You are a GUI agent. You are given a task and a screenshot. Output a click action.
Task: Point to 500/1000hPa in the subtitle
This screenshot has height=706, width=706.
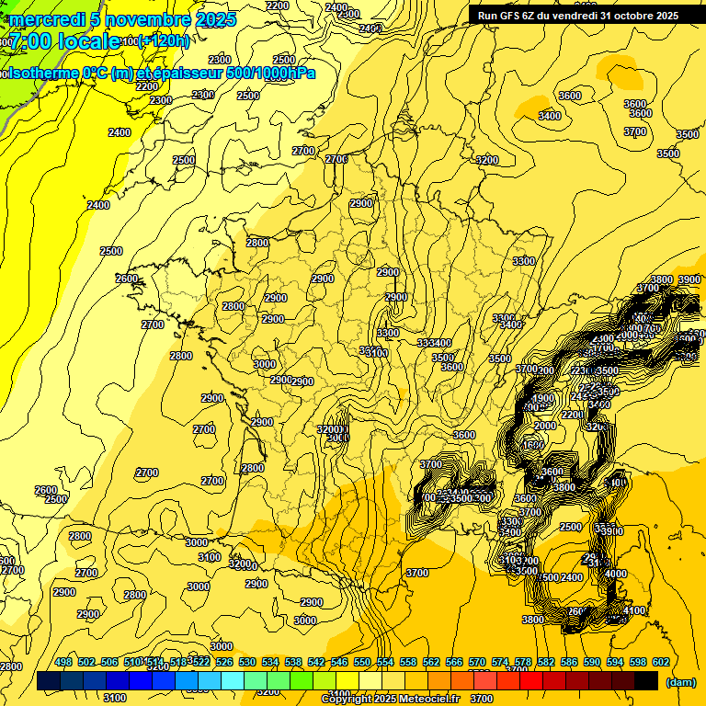pos(276,73)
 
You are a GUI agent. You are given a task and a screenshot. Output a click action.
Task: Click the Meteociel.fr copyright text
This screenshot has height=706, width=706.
pos(408,700)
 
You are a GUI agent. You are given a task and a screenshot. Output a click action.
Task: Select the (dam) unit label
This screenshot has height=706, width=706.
pos(679,681)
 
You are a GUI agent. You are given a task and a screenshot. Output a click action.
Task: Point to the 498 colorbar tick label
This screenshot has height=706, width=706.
pos(63,663)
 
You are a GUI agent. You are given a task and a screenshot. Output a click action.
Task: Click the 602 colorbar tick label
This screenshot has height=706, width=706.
pos(661,663)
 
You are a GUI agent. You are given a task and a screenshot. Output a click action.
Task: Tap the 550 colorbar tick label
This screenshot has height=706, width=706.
pos(362,663)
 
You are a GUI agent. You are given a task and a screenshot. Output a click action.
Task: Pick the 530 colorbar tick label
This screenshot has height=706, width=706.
pos(247,663)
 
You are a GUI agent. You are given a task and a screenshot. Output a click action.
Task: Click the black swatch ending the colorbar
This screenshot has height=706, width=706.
pos(646,680)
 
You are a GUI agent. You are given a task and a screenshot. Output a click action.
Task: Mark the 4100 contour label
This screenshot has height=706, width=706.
pos(634,610)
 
